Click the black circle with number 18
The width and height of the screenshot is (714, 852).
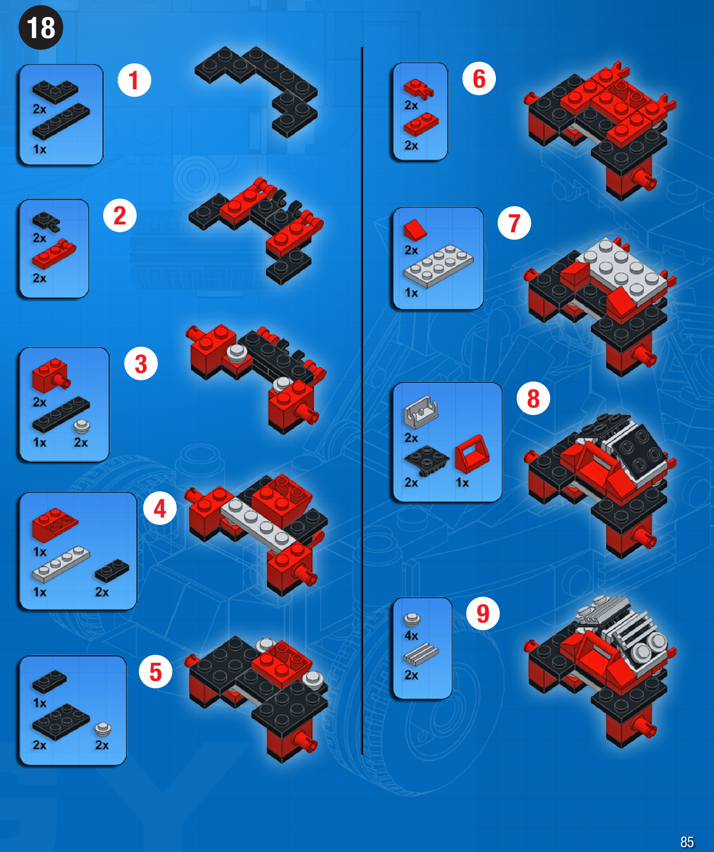pyautogui.click(x=41, y=28)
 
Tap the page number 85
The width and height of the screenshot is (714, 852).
pyautogui.click(x=687, y=842)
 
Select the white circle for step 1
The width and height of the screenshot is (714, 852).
pyautogui.click(x=134, y=80)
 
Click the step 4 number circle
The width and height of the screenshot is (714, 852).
pyautogui.click(x=160, y=508)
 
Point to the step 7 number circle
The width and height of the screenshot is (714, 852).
pyautogui.click(x=514, y=223)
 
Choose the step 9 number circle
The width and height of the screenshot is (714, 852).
pyautogui.click(x=483, y=613)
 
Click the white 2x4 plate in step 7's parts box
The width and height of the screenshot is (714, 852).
pyautogui.click(x=438, y=265)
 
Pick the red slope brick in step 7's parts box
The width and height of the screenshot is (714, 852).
pyautogui.click(x=415, y=230)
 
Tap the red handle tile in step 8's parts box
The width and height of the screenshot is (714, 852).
pyautogui.click(x=472, y=453)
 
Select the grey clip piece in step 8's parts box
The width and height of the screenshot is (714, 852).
pyautogui.click(x=421, y=411)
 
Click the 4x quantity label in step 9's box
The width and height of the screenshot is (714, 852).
pyautogui.click(x=411, y=635)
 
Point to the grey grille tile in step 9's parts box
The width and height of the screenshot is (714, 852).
pyautogui.click(x=421, y=654)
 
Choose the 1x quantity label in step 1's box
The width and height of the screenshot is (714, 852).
pyautogui.click(x=40, y=149)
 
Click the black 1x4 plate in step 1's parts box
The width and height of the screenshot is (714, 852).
pyautogui.click(x=61, y=122)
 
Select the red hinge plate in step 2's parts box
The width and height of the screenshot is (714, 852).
pyautogui.click(x=54, y=254)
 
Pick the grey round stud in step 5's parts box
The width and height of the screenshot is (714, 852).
pyautogui.click(x=102, y=729)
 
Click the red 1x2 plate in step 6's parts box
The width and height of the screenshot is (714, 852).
pyautogui.click(x=421, y=124)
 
